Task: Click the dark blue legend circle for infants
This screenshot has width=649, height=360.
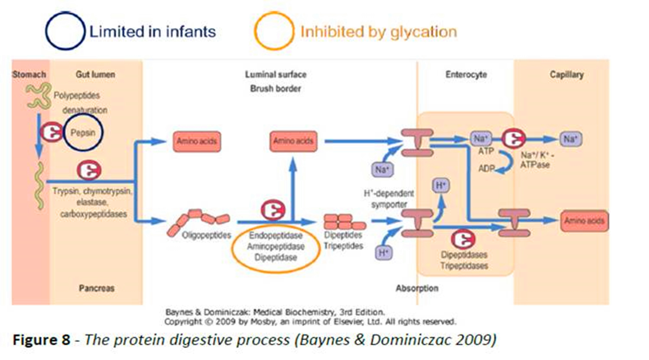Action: coord(65,31)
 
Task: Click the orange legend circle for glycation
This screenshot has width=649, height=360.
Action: coord(274,31)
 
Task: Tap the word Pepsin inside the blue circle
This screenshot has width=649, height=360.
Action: coord(83,133)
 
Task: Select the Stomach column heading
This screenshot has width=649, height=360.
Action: coord(29,74)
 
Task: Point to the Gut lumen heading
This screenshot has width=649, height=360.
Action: coord(95,74)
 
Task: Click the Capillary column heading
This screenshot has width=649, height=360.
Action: coord(566,75)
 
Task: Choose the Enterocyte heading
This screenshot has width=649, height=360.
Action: coord(466,75)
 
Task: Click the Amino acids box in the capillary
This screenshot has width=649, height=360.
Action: coord(584,221)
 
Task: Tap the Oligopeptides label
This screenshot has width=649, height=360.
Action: coord(206,235)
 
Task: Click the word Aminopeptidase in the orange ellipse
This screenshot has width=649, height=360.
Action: coord(275,246)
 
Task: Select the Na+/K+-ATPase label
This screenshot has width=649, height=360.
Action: coord(537,160)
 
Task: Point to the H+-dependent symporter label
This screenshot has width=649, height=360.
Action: coord(389,199)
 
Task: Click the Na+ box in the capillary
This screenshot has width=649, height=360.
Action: coord(570,139)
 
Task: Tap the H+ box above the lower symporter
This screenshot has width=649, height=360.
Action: coord(441,185)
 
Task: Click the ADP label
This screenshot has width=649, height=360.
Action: coord(486,168)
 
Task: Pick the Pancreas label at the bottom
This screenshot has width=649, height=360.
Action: coord(96,288)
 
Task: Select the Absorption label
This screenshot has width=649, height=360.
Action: coord(417,288)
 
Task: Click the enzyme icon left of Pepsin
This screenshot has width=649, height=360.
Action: coord(51,132)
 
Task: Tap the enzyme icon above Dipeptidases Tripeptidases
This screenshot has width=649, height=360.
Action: coord(463,239)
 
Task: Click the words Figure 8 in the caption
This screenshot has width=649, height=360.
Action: coord(41,340)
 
